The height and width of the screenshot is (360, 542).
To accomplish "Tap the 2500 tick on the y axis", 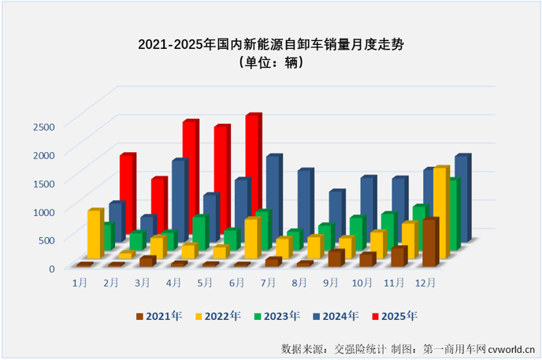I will tap(43, 126).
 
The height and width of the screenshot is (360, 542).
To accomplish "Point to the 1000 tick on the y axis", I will tap(43, 211).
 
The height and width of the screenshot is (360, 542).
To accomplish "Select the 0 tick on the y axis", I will tap(51, 268).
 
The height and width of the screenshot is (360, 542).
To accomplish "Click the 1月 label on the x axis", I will tap(80, 281).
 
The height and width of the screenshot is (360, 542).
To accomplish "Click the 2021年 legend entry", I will tap(158, 316).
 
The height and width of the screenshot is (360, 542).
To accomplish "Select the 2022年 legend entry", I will tap(217, 316).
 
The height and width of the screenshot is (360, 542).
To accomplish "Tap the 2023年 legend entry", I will tap(277, 316).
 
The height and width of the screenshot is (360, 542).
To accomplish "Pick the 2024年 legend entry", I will tap(336, 316).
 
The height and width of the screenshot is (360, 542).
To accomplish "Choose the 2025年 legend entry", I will tap(395, 316).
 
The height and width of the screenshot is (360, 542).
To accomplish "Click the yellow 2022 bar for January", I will tap(95, 235).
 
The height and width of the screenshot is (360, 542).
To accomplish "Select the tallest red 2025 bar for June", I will tap(252, 165).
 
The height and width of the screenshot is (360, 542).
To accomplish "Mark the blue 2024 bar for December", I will tap(462, 197).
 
